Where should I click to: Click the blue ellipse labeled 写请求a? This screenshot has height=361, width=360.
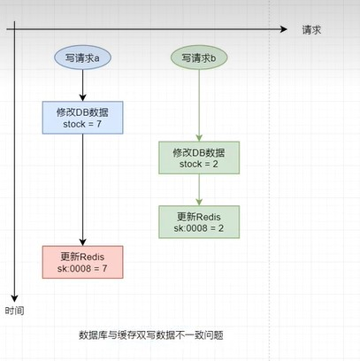point(82,58)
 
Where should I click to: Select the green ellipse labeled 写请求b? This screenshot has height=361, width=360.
point(199,58)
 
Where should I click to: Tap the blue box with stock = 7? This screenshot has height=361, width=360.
point(82,118)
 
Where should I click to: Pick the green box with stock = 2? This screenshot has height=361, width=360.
point(199,157)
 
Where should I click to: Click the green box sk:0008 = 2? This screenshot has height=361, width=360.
point(199,222)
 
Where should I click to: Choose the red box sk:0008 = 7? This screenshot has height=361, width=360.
point(82,262)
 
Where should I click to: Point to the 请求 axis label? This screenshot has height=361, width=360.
point(311,30)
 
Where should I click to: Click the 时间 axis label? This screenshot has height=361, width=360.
point(14,311)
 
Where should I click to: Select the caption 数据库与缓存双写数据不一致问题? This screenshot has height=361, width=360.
point(151,335)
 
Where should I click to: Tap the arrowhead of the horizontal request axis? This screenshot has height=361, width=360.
point(284,29)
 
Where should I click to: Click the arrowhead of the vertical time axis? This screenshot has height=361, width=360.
point(14,298)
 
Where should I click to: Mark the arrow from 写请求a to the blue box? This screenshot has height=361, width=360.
point(82,86)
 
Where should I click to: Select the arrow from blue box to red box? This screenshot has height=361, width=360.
point(82,190)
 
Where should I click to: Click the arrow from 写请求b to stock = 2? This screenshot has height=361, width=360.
point(199,105)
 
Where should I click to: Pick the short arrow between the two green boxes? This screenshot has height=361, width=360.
point(199,189)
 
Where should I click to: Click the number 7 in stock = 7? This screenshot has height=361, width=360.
point(99,124)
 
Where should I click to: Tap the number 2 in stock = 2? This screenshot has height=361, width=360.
point(215,165)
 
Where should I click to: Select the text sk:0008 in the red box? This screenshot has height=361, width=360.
point(74,269)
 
